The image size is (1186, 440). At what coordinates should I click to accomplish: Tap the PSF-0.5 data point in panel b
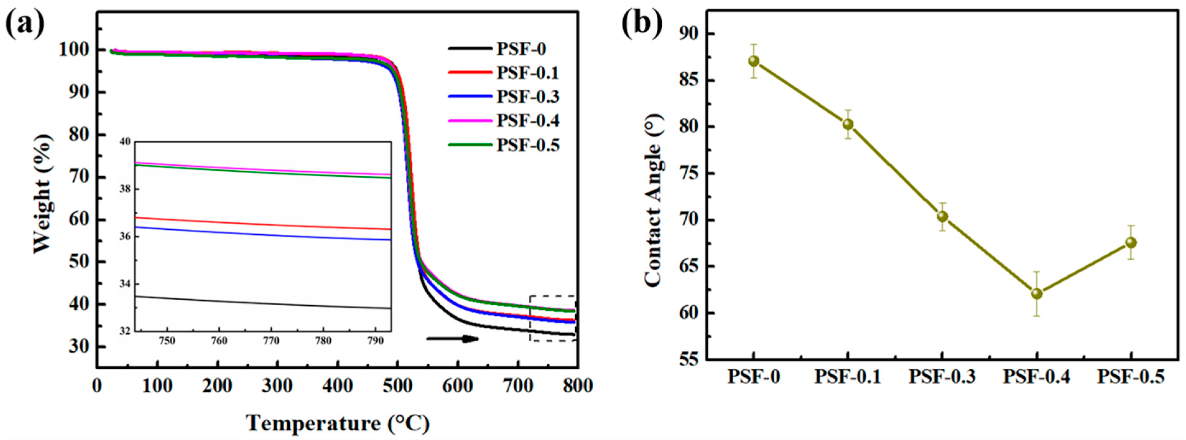[1131, 242]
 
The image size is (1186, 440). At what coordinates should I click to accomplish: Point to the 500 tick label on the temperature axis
[398, 386]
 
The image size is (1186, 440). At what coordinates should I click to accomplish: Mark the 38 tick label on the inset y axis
[125, 189]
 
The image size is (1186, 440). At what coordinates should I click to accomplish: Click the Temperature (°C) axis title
[337, 423]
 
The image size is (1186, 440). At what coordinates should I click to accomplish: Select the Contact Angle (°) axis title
[653, 201]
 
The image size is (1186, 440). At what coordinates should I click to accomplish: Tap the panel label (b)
[642, 23]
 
